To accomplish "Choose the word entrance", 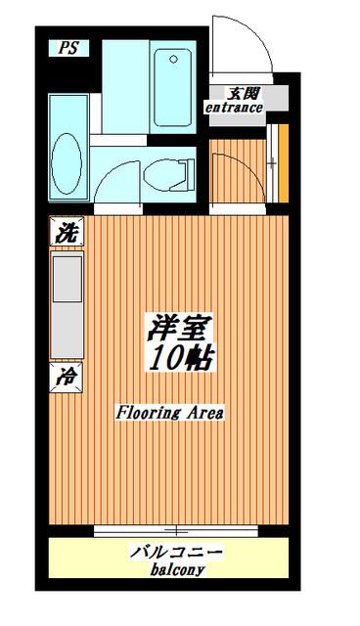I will pyautogui.click(x=234, y=108).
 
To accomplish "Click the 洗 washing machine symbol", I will pyautogui.click(x=67, y=233).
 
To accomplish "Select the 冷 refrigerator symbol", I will pyautogui.click(x=67, y=375).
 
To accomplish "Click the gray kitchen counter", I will pyautogui.click(x=67, y=303).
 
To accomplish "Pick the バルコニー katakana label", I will pyautogui.click(x=177, y=554).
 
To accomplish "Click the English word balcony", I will pyautogui.click(x=177, y=570).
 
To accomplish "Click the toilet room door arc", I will pyautogui.click(x=117, y=181).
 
